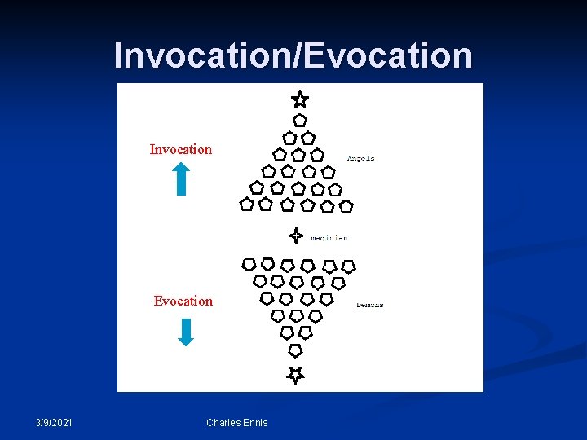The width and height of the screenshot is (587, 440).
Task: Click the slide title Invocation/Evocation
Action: coord(293,55)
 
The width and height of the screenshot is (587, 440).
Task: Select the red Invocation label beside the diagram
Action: coord(181,149)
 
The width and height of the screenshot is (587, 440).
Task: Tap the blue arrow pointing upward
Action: coord(181,178)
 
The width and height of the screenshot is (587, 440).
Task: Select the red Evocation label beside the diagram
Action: coord(183,301)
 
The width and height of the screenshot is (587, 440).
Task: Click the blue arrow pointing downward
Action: coord(186,332)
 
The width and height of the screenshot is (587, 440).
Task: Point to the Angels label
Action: coord(360,158)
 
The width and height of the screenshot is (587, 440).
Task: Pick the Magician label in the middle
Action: coord(329,238)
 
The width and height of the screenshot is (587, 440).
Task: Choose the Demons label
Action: coord(369,305)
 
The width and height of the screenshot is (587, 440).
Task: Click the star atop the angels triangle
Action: coord(300,99)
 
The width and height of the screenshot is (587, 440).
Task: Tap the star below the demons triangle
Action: coord(295,374)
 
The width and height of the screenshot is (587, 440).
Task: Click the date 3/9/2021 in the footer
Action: coord(54,422)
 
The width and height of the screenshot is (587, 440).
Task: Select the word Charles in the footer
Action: coord(223,422)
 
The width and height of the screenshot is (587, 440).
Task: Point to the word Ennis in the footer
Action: coord(254,422)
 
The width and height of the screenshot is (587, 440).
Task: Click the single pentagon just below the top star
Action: coord(300,120)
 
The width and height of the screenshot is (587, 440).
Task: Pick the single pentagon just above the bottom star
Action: coord(295,350)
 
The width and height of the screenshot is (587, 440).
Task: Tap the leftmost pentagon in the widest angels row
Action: coord(246,204)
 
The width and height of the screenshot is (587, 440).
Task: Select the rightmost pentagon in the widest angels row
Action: coord(346,206)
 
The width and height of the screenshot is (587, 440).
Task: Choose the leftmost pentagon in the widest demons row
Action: coord(249,264)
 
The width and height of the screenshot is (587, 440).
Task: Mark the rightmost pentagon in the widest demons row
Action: coord(348,266)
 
